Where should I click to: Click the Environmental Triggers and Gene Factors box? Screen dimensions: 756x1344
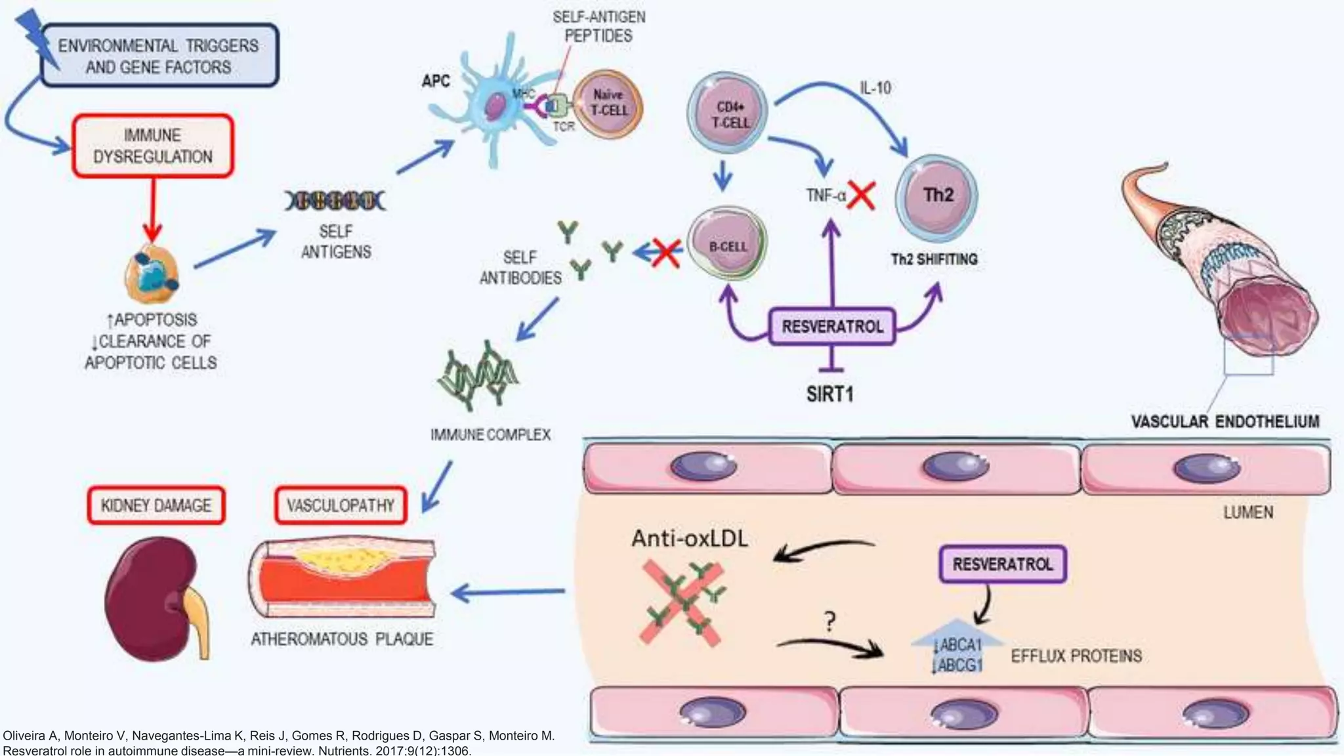tap(159, 56)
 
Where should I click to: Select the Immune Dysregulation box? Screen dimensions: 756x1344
tap(152, 146)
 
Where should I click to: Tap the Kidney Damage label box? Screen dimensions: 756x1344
tap(156, 505)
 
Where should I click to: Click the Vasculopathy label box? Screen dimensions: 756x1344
tap(341, 505)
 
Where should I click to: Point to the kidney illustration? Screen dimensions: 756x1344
tap(154, 597)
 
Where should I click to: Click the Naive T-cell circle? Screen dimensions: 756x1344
tap(608, 104)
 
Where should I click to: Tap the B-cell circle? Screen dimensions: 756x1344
tap(727, 246)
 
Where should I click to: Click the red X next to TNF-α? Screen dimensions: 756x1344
tap(861, 195)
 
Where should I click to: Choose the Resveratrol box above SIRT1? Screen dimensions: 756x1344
tap(832, 326)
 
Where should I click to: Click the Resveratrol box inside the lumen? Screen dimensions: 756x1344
tap(1002, 564)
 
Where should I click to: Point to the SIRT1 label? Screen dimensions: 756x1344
tap(829, 394)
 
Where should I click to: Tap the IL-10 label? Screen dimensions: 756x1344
tap(875, 88)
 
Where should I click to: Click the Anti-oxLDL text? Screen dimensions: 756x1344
tap(689, 539)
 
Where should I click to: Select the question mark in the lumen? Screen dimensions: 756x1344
tap(830, 620)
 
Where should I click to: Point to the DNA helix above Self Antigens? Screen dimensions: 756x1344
tap(335, 201)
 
